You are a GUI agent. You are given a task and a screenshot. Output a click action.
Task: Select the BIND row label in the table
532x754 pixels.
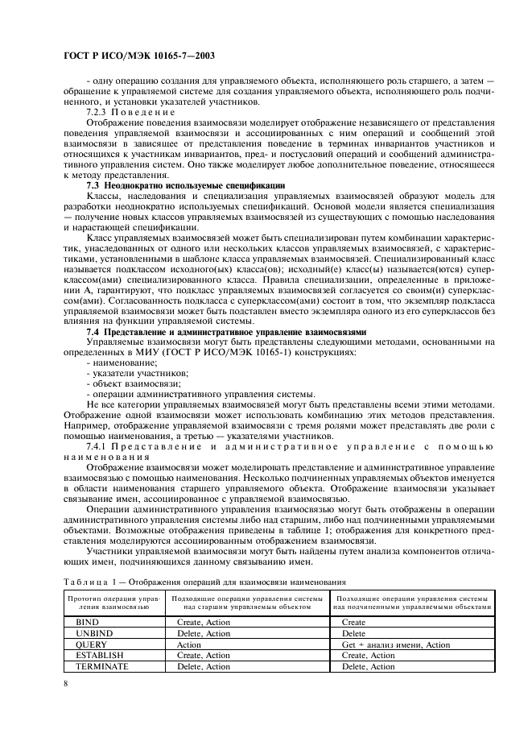click(86, 623)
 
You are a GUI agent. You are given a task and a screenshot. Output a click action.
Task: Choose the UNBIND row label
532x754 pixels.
click(92, 633)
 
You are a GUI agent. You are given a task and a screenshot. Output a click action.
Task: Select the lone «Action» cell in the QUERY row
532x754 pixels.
click(189, 644)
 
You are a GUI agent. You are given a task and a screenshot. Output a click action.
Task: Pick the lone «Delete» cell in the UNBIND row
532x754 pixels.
click(353, 633)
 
